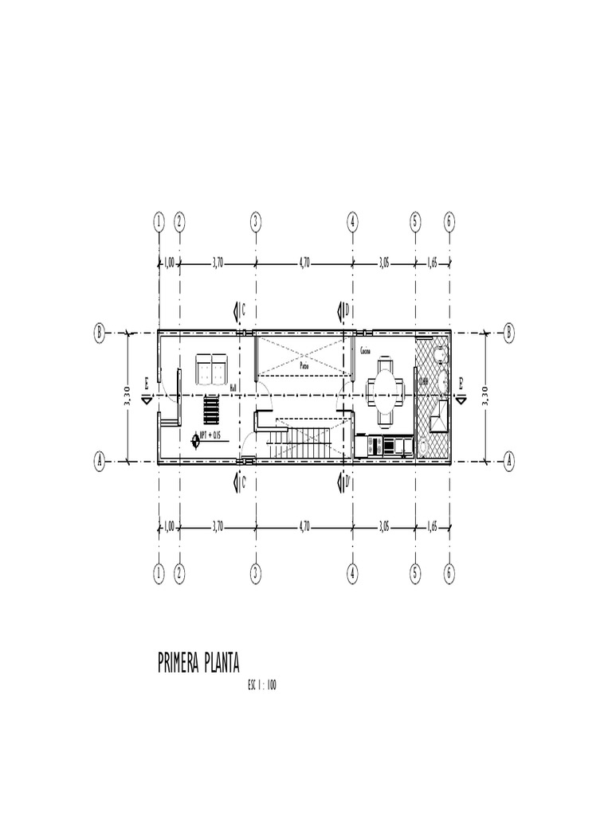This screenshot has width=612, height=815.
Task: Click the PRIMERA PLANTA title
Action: click(198, 663)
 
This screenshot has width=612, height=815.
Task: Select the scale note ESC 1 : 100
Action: click(262, 686)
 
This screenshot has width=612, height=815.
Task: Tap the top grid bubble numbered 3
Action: click(256, 223)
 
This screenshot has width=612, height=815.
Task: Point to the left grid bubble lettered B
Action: click(100, 333)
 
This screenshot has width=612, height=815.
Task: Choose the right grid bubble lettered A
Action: click(509, 461)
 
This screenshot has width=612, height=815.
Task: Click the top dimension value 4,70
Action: click(304, 263)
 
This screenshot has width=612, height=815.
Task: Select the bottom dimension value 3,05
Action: click(383, 526)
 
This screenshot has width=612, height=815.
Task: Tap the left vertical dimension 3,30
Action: click(127, 396)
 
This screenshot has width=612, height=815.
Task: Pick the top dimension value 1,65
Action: click(432, 263)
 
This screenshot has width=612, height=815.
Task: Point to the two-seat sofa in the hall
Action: click(211, 368)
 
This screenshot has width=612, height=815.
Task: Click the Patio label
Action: click(304, 366)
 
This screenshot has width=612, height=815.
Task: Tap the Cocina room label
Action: click(365, 351)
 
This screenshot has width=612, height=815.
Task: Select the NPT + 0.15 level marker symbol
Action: click(196, 437)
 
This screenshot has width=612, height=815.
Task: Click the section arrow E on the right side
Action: click(460, 388)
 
